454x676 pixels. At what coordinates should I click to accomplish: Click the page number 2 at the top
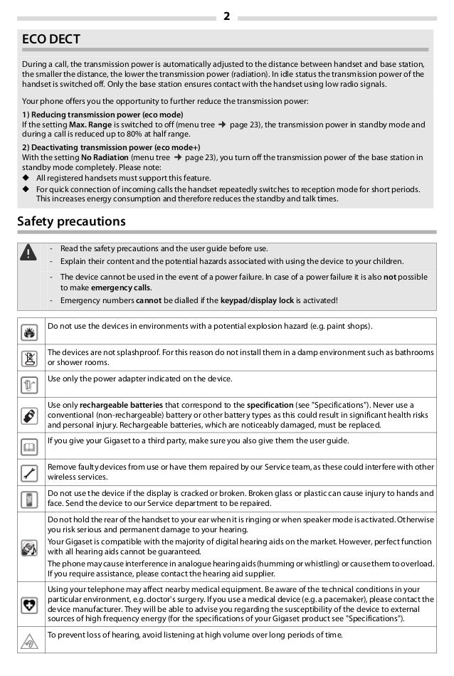coord(226,16)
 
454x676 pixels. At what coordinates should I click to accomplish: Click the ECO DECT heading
coord(51,39)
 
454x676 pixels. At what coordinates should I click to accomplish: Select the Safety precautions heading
coord(71,222)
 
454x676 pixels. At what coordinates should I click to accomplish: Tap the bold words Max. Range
coord(90,125)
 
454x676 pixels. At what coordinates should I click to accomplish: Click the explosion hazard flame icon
coord(29,332)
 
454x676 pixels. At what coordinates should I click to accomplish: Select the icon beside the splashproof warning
coord(29,358)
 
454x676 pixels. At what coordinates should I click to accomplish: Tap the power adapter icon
coord(29,384)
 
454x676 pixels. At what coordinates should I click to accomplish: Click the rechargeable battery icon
coord(29,416)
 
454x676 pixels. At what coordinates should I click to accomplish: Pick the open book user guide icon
coord(29,446)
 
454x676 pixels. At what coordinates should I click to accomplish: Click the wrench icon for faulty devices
coord(29,472)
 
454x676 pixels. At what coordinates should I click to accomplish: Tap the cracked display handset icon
coord(29,499)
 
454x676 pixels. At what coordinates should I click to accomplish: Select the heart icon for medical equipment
coord(29,605)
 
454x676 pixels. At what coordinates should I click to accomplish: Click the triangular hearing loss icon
coord(29,640)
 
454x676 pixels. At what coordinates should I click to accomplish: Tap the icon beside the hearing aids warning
coord(29,547)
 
